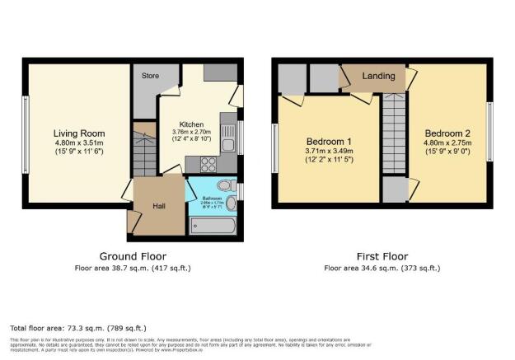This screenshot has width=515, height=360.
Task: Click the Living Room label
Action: pos(79,133)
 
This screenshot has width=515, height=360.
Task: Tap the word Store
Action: pos(150,77)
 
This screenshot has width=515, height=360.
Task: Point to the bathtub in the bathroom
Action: pos(213,224)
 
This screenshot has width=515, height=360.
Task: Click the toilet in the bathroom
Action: pos(228,184)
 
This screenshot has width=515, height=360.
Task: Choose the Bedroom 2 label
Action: pos(447,133)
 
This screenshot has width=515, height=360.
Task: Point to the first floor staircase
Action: pos(394,136)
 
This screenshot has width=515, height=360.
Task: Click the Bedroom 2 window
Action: pos(489,127)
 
